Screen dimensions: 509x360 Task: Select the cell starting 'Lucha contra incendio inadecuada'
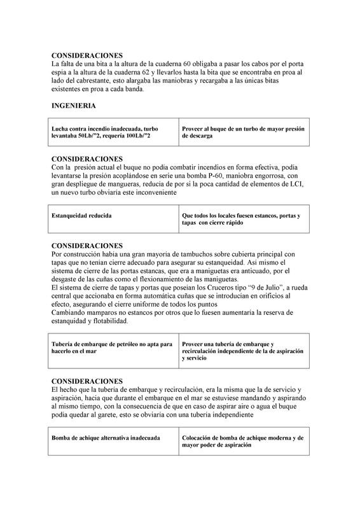pos(114,132)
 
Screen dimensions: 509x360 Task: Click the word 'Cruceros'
pos(228,288)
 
